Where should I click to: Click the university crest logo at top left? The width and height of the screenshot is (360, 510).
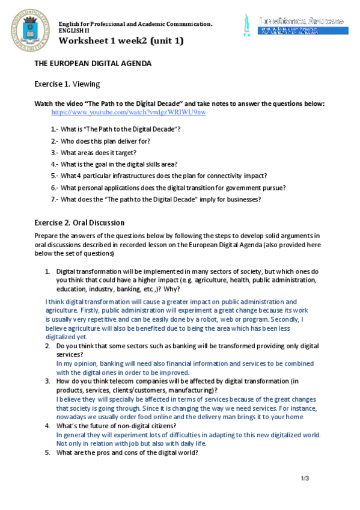[27, 29]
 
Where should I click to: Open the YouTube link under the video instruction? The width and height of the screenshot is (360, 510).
[129, 112]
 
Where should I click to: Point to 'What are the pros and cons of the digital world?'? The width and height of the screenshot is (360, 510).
[127, 452]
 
